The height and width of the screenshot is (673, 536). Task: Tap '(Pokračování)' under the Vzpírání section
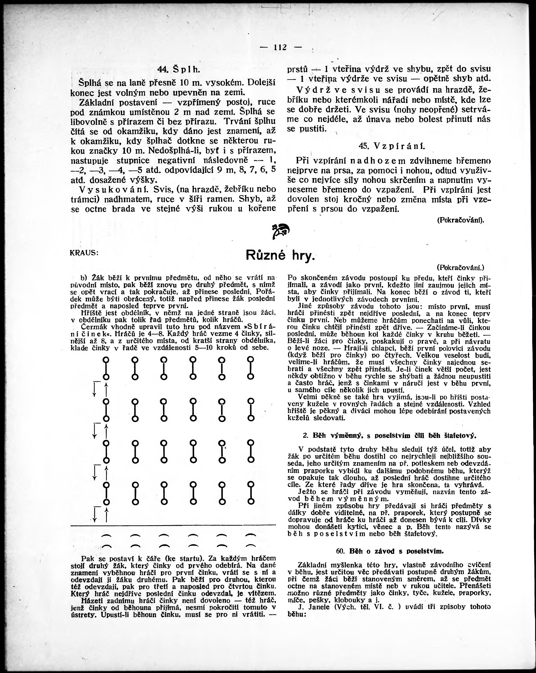(460, 220)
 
